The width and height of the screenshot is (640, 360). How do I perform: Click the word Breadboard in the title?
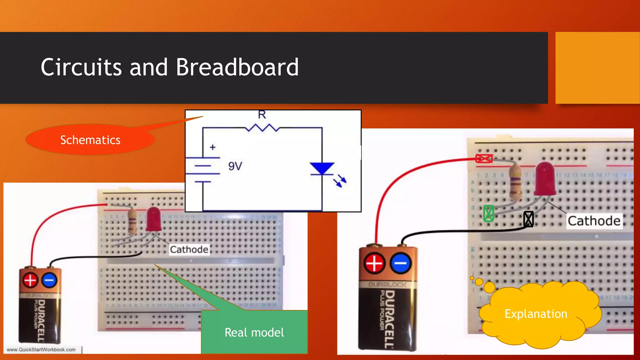click(237, 67)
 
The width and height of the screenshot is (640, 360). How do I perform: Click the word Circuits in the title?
click(81, 67)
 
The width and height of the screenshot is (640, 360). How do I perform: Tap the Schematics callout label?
click(90, 140)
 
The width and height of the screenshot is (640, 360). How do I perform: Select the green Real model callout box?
click(254, 332)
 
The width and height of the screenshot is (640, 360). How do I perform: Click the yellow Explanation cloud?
click(536, 314)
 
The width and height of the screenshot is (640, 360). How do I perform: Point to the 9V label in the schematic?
click(235, 166)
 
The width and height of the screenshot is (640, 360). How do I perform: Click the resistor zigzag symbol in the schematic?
click(262, 128)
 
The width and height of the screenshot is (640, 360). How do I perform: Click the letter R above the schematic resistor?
click(262, 115)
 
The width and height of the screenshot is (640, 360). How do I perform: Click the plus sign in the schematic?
click(213, 147)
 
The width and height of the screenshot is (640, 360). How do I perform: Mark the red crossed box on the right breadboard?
click(484, 158)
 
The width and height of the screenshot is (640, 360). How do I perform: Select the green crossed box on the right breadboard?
click(488, 213)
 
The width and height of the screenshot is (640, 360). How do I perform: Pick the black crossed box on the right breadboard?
click(528, 219)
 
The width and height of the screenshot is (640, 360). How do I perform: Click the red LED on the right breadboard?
click(545, 179)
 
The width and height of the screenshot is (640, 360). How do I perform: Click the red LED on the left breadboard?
click(154, 219)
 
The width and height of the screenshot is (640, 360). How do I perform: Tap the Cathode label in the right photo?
click(594, 221)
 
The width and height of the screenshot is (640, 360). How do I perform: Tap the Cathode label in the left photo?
click(189, 249)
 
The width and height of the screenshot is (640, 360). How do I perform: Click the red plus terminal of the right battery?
click(374, 263)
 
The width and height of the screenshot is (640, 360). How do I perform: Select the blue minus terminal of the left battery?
click(49, 280)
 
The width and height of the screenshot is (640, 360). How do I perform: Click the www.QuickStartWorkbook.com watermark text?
click(41, 350)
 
